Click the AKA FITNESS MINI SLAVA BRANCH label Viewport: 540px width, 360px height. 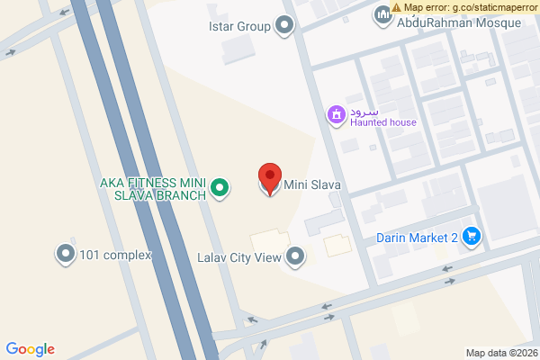153,189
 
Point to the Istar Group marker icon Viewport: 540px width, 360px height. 285,26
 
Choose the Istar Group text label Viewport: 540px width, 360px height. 239,26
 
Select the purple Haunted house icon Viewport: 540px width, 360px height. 336,114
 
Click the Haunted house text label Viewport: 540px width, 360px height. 383,122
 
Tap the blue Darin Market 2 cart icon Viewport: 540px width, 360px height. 472,237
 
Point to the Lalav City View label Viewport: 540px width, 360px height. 239,257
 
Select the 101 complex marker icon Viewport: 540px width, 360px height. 66,255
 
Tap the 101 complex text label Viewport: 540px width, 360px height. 115,255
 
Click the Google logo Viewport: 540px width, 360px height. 31,349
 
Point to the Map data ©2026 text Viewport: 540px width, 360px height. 500,353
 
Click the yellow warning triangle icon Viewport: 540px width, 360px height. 397,7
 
